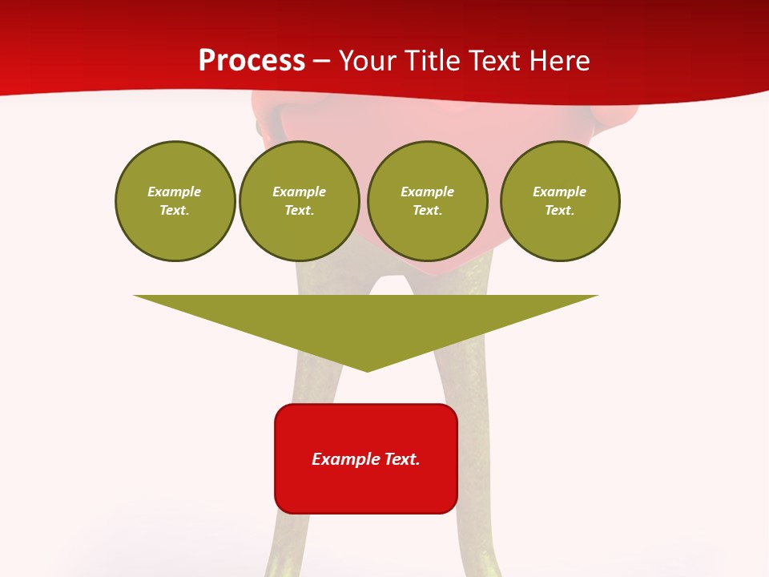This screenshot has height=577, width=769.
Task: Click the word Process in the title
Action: coord(252,61)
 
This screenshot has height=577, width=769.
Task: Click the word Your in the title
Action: coord(369,61)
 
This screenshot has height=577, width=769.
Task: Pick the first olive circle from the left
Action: coord(175,201)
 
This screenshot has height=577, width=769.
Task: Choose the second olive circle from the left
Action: coord(299,201)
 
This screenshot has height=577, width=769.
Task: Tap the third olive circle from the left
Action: coord(427,201)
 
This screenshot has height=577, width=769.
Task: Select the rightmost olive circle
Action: coord(559,201)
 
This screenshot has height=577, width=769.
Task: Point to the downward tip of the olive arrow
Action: coord(367,369)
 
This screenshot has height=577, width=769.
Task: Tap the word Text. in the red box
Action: coord(401,459)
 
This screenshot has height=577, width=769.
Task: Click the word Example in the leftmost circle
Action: coord(175,192)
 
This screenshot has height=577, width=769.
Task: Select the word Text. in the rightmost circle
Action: coord(559,211)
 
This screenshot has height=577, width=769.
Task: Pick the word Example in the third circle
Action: coord(427,192)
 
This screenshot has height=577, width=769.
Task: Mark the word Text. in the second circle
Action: coord(299,211)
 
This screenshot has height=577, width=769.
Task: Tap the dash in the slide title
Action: coord(321,62)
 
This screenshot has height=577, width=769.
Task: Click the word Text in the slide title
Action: coord(494,61)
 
